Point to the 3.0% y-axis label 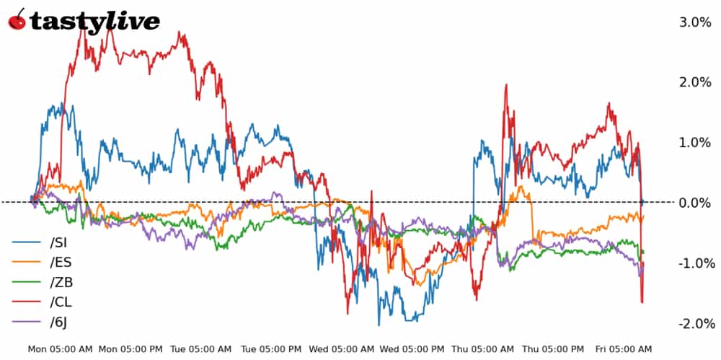(695, 22)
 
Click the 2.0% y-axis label (695, 82)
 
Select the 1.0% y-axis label (695, 143)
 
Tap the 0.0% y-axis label (695, 203)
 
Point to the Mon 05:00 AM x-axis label (61, 349)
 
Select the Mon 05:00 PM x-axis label (131, 349)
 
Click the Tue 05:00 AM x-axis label (200, 349)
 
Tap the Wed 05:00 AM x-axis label (342, 349)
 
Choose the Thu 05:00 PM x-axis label (554, 349)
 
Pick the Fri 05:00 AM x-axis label (624, 349)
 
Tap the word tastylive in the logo (94, 22)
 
